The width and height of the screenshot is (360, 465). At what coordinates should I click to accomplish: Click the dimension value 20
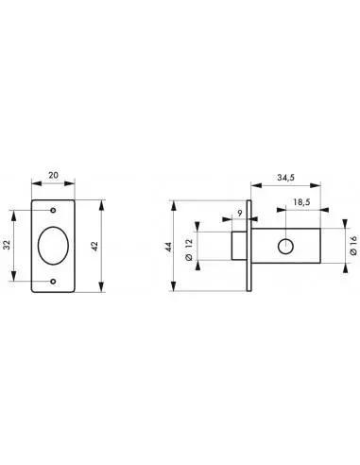(53, 175)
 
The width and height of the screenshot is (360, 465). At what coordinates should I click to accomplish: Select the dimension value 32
(7, 245)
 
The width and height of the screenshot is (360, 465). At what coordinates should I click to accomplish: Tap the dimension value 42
(94, 246)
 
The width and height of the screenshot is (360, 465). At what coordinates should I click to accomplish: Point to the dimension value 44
(168, 247)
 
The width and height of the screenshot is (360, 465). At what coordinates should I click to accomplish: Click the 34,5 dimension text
(285, 178)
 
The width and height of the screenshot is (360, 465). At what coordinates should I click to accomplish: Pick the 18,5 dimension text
(301, 202)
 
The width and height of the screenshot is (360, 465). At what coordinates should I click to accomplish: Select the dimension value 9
(240, 214)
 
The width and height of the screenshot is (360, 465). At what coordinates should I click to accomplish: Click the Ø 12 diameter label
(189, 250)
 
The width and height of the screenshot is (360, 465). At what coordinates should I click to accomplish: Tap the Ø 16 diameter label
(353, 246)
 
